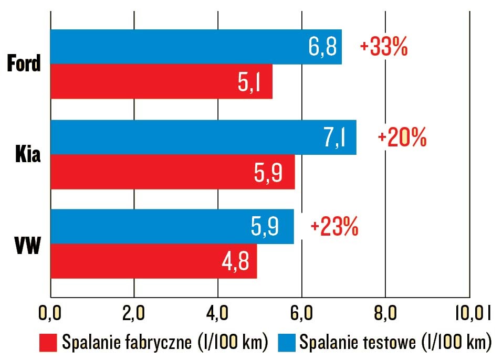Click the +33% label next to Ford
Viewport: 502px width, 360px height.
click(383, 47)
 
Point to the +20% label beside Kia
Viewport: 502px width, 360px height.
click(402, 137)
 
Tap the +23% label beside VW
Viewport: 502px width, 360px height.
click(334, 227)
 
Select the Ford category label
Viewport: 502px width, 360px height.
click(24, 64)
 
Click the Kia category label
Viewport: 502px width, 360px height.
click(27, 155)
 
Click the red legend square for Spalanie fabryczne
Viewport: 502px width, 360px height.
click(48, 342)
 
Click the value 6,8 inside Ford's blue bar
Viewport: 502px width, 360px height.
click(322, 47)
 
